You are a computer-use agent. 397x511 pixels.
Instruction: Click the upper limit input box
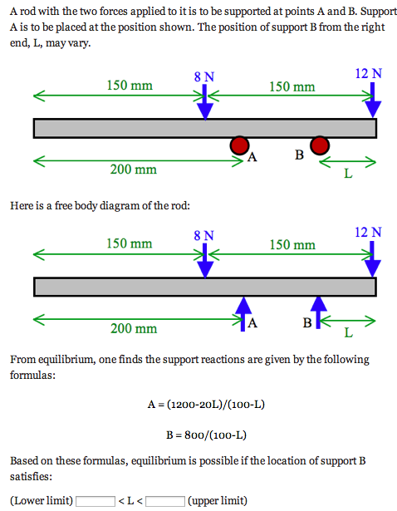(165, 501)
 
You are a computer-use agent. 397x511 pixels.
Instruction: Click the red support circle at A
(239, 145)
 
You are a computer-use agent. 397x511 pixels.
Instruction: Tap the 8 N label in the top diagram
(203, 76)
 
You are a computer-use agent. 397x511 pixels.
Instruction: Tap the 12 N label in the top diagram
(368, 73)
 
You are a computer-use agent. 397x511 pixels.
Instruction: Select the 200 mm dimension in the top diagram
(133, 170)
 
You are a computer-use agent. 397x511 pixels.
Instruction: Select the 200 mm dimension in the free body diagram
(133, 329)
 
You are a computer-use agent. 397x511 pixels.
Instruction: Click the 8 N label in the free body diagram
(203, 235)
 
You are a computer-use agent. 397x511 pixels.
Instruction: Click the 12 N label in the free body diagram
(368, 232)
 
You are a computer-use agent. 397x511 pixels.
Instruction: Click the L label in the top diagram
(347, 174)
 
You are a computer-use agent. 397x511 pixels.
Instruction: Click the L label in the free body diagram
(347, 333)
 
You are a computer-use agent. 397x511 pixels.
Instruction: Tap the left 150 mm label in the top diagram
(130, 85)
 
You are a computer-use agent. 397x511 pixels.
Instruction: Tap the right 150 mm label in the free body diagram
(292, 245)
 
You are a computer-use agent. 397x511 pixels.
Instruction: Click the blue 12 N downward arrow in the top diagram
(373, 100)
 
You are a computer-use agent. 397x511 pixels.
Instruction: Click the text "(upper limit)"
(218, 501)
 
